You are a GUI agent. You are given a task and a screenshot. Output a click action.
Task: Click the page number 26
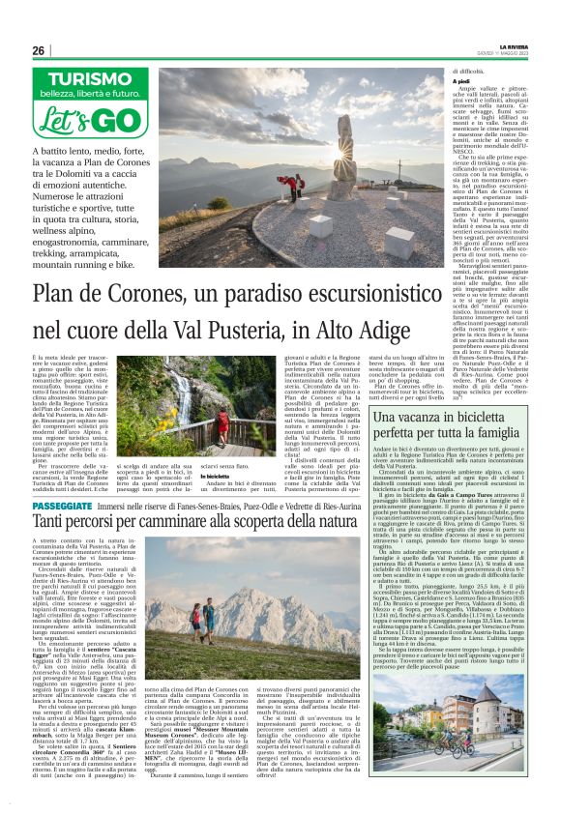tap(39, 50)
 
